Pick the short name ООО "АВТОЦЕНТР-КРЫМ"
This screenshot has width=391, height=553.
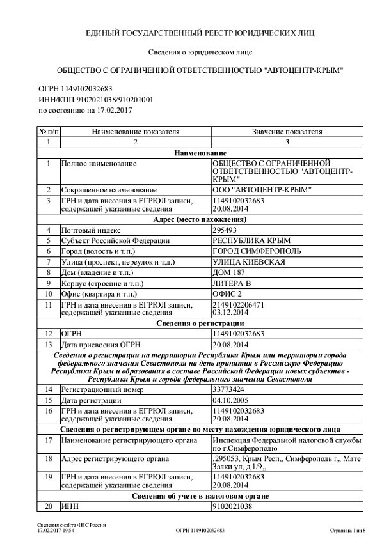coord(261,190)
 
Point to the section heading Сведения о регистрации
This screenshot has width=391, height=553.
coord(196,323)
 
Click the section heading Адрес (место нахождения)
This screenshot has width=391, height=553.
coord(196,219)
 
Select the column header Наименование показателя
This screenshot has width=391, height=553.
coord(135,132)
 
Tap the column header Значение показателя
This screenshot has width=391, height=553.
coord(287,132)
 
